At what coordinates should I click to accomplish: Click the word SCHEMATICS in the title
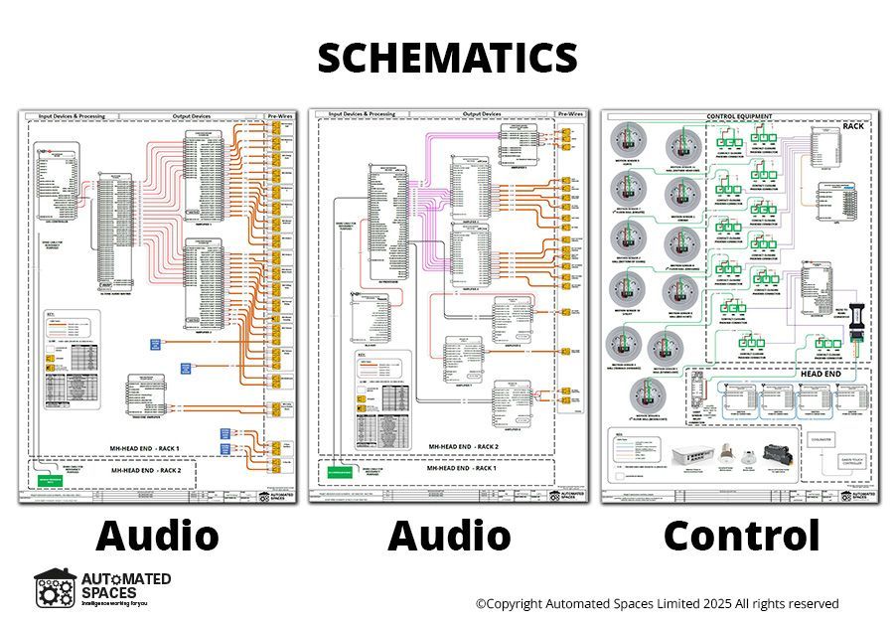[x=447, y=58]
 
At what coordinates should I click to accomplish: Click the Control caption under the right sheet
[x=742, y=536]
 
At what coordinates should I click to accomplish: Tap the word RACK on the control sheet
[x=853, y=126]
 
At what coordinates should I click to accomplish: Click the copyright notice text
[x=657, y=603]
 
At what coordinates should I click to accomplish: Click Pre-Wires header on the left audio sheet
[x=281, y=116]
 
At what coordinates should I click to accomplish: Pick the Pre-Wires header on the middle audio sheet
[x=573, y=115]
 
